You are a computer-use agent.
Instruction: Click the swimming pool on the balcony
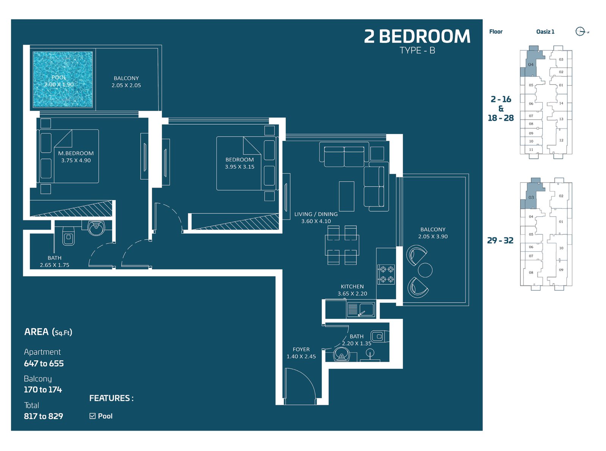62,79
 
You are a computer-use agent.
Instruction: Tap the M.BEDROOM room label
76,153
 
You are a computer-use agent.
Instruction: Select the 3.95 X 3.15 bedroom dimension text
239,166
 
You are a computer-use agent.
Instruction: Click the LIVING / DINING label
315,214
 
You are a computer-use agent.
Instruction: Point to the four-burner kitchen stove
386,274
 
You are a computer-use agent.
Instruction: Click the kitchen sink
361,310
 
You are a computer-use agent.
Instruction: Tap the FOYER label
301,349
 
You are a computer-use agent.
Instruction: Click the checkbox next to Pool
92,416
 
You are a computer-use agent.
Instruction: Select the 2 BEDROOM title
417,36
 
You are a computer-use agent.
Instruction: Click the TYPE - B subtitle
417,51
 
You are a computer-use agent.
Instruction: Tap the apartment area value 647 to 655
44,363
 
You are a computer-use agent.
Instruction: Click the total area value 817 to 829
44,416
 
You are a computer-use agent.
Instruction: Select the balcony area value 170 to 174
43,390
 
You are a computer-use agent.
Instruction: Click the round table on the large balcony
425,270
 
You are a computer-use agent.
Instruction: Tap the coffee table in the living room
347,196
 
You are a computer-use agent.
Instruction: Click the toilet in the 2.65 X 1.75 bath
68,236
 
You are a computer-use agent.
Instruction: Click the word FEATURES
109,398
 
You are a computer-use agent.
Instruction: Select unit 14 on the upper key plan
561,103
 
